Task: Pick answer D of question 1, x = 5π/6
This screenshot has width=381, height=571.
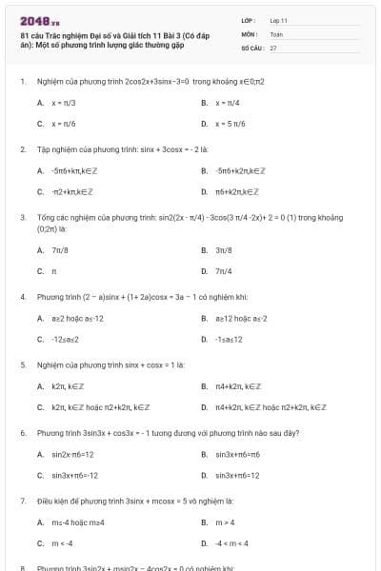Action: (232, 125)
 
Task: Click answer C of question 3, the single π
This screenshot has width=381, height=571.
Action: (53, 272)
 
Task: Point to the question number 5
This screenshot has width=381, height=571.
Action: (23, 364)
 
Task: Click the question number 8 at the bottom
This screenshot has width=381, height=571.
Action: (23, 568)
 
